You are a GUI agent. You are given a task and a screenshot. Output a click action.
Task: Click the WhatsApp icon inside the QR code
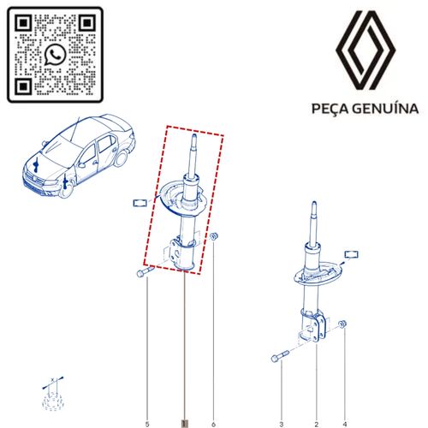point(55,55)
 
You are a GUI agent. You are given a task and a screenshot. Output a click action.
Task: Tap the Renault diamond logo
point(366,51)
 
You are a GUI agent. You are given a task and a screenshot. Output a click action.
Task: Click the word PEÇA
point(330,109)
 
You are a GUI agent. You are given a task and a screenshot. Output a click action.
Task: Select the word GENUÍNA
point(385,109)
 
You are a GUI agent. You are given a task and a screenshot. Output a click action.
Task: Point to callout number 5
point(147,425)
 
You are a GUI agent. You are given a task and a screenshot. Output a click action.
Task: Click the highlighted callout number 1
point(185,424)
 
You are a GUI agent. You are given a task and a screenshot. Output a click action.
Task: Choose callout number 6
point(213,425)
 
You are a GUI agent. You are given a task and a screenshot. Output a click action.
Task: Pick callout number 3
point(282,425)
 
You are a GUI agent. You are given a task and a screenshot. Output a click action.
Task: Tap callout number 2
point(317,425)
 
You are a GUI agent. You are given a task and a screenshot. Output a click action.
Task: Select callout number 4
point(345,425)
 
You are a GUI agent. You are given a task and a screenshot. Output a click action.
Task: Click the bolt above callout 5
point(146,271)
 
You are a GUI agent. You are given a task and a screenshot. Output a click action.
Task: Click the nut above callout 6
point(214,236)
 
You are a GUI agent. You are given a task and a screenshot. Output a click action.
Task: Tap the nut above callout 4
point(342,324)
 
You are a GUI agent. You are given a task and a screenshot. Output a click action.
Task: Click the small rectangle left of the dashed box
point(140,203)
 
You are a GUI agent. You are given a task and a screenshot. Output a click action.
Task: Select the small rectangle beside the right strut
point(352,254)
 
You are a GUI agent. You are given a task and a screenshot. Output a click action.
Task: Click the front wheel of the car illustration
point(65,190)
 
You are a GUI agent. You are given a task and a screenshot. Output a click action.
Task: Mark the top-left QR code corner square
point(23,23)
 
